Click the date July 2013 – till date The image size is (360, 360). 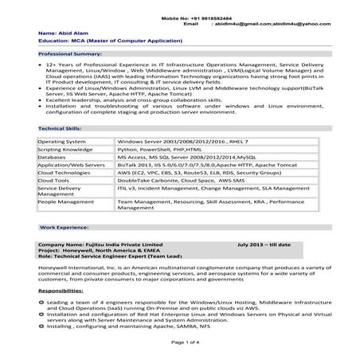tap(264, 245)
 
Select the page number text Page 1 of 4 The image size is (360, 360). tap(179, 342)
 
